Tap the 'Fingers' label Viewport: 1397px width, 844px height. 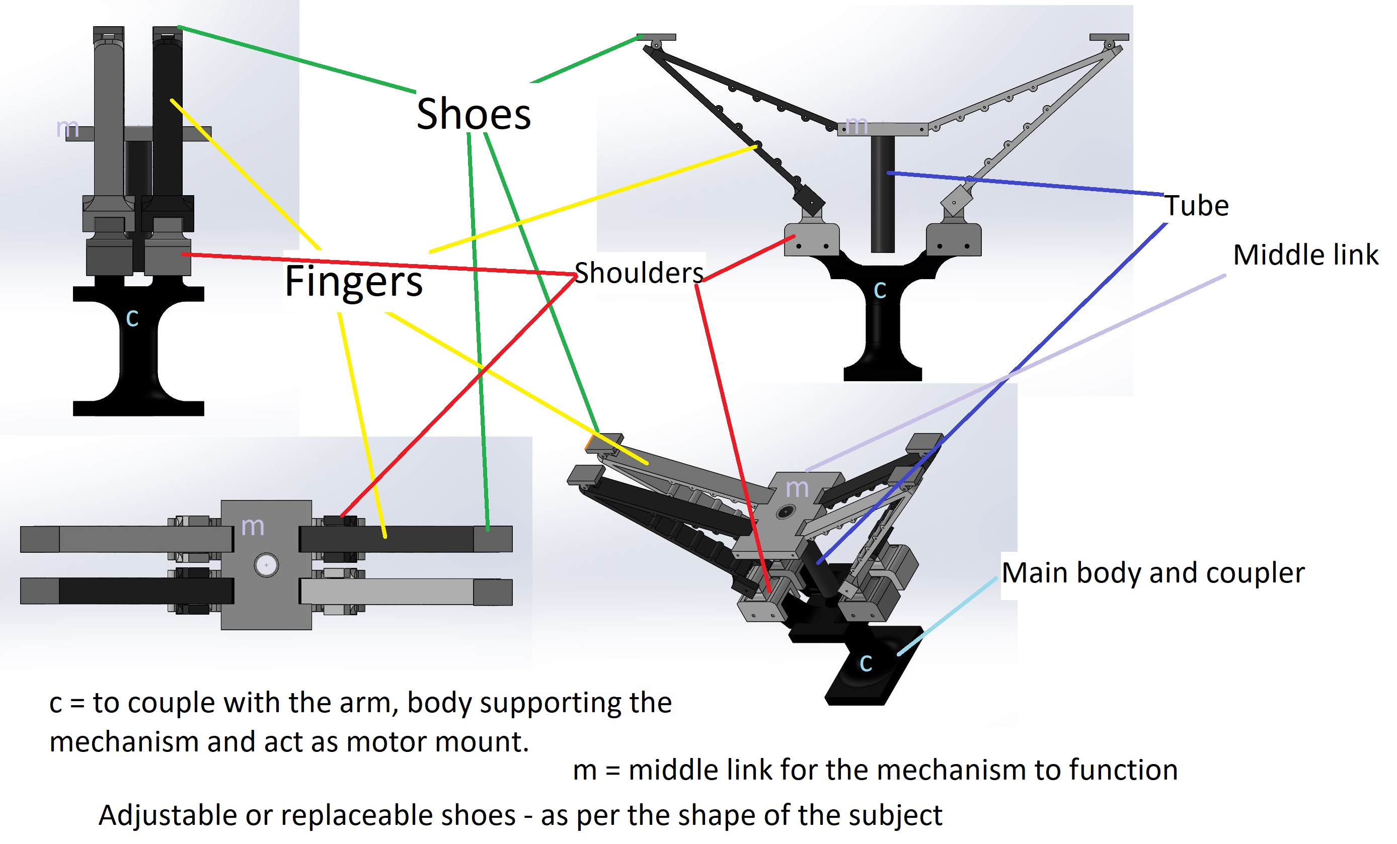pos(353,281)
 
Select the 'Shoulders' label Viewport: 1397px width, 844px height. pos(639,273)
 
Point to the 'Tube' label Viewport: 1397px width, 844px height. pos(1197,206)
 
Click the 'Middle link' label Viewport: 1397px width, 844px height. pos(1305,255)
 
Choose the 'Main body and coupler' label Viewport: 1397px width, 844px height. pos(1152,573)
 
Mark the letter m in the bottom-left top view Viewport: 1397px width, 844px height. pos(252,527)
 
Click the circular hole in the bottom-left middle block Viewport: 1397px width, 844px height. pos(266,565)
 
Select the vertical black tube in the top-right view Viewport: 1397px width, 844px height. pos(882,193)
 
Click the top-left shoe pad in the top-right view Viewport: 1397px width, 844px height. pos(656,37)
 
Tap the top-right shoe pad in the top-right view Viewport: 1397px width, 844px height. pos(1109,37)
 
